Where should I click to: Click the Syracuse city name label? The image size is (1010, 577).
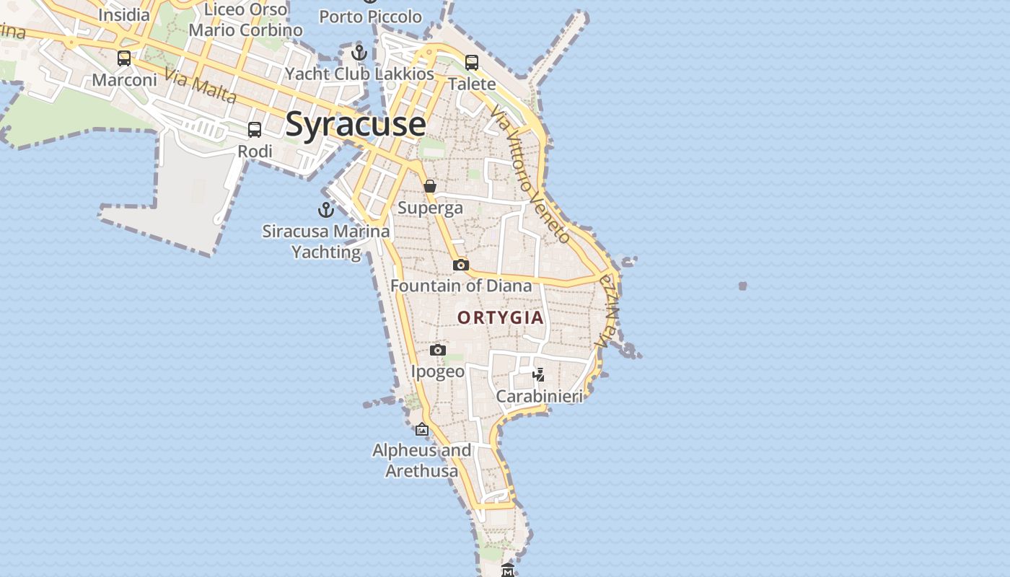point(356,124)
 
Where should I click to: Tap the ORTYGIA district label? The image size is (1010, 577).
point(500,317)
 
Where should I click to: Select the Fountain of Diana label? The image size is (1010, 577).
point(461,286)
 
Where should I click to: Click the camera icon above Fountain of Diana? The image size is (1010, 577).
point(461,265)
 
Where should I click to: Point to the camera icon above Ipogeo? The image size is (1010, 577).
point(437,351)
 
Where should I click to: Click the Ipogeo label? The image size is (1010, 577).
point(438,371)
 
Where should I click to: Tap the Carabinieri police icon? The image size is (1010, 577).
point(538,374)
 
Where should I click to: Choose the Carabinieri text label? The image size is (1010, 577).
point(539,396)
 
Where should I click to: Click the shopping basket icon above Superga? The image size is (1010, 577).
point(430,186)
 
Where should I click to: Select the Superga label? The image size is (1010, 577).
point(430,208)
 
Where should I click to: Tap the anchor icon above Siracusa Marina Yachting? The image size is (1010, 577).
point(326,210)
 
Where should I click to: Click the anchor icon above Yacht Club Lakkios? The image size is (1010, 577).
point(359,53)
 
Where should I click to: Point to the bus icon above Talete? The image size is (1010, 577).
point(472,63)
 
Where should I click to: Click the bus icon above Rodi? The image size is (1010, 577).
point(255,130)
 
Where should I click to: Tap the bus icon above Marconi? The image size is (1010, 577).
point(124,58)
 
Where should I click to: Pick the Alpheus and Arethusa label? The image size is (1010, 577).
point(421,460)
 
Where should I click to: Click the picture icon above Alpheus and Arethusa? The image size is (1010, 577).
point(422,430)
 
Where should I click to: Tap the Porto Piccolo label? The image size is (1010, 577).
point(370,16)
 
